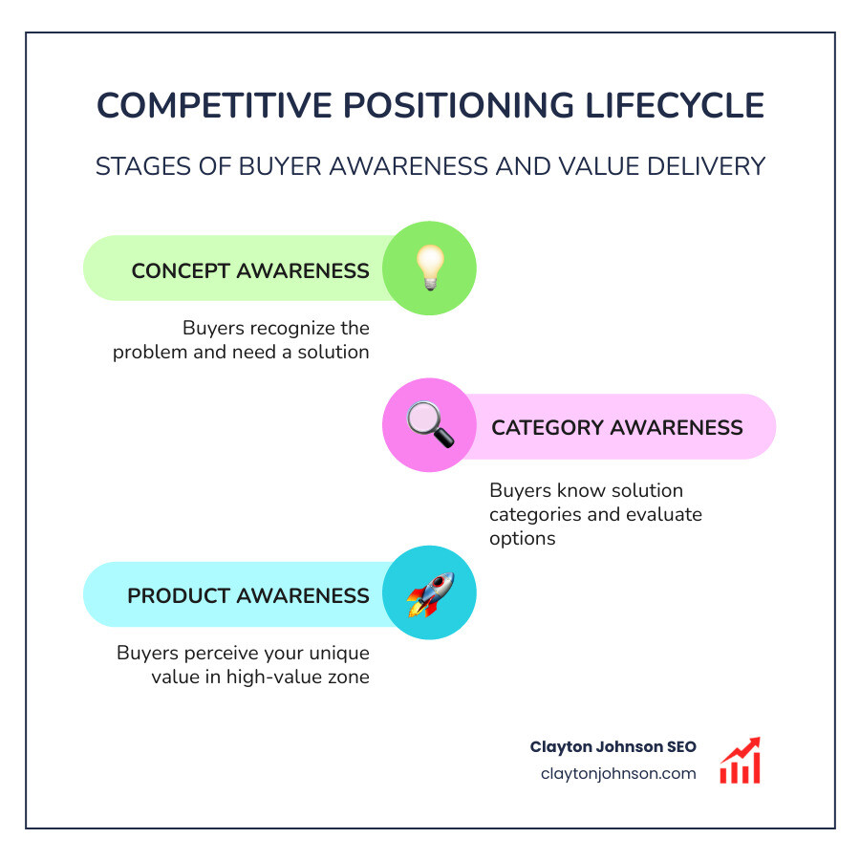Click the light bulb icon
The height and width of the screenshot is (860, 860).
coord(429,269)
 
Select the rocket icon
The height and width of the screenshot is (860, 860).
coord(429,593)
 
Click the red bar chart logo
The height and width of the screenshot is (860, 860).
coord(740,761)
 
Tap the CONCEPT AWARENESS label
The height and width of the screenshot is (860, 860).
coord(250,270)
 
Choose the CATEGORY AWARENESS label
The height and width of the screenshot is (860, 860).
coord(616,427)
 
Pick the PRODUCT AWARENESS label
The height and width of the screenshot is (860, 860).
coord(248,595)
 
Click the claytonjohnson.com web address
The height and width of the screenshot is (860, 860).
coord(617,774)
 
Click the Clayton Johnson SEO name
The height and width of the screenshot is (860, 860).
coord(613,747)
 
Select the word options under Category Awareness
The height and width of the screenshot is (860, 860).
coord(522,538)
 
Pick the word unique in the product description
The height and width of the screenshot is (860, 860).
coord(341,654)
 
